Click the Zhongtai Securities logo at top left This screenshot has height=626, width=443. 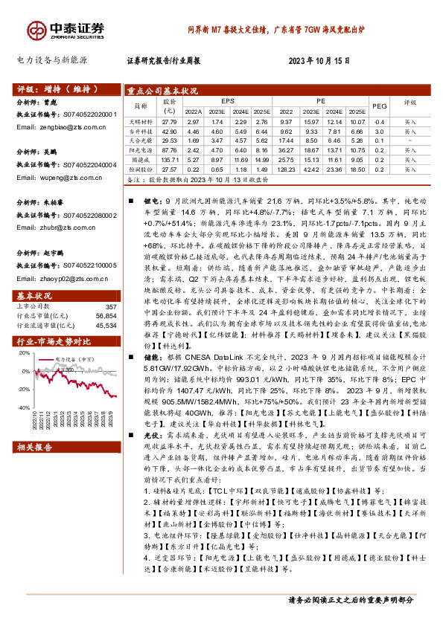point(56,28)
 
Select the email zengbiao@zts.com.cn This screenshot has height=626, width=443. point(60,127)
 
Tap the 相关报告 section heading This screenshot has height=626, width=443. point(34,448)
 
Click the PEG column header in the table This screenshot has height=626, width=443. point(379,106)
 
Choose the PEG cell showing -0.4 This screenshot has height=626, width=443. point(378,120)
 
